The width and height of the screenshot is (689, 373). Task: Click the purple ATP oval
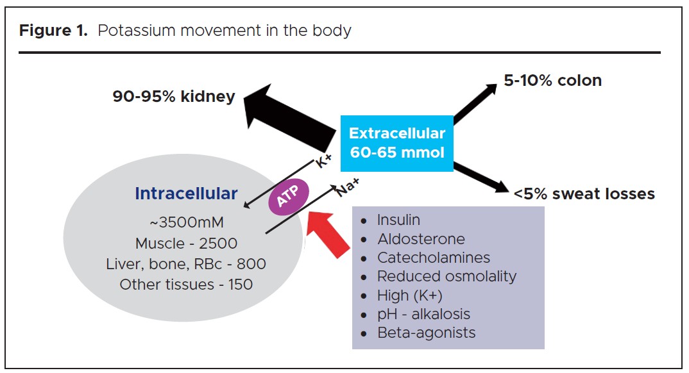coord(288,199)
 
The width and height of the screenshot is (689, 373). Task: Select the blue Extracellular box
coord(396,144)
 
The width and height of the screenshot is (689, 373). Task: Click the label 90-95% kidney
coord(174,97)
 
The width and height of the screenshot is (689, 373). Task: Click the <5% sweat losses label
coord(584,193)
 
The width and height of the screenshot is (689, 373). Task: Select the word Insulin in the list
coord(398,220)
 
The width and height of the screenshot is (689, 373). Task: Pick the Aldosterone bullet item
coord(421,239)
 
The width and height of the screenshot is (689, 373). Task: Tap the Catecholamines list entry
coord(433,258)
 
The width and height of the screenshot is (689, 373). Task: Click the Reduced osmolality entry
coord(447,276)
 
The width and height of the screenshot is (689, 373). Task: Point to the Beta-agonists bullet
coord(426,333)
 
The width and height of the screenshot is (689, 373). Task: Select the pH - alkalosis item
coord(423,314)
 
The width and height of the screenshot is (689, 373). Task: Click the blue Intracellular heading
coord(186,194)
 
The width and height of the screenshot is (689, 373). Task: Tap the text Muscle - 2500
coord(186,244)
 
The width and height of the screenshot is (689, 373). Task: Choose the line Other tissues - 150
coord(186,284)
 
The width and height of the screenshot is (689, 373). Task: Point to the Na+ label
coord(347,187)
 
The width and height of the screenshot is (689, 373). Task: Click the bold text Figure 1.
coord(53,31)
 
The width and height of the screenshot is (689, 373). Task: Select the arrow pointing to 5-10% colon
coord(475,103)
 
